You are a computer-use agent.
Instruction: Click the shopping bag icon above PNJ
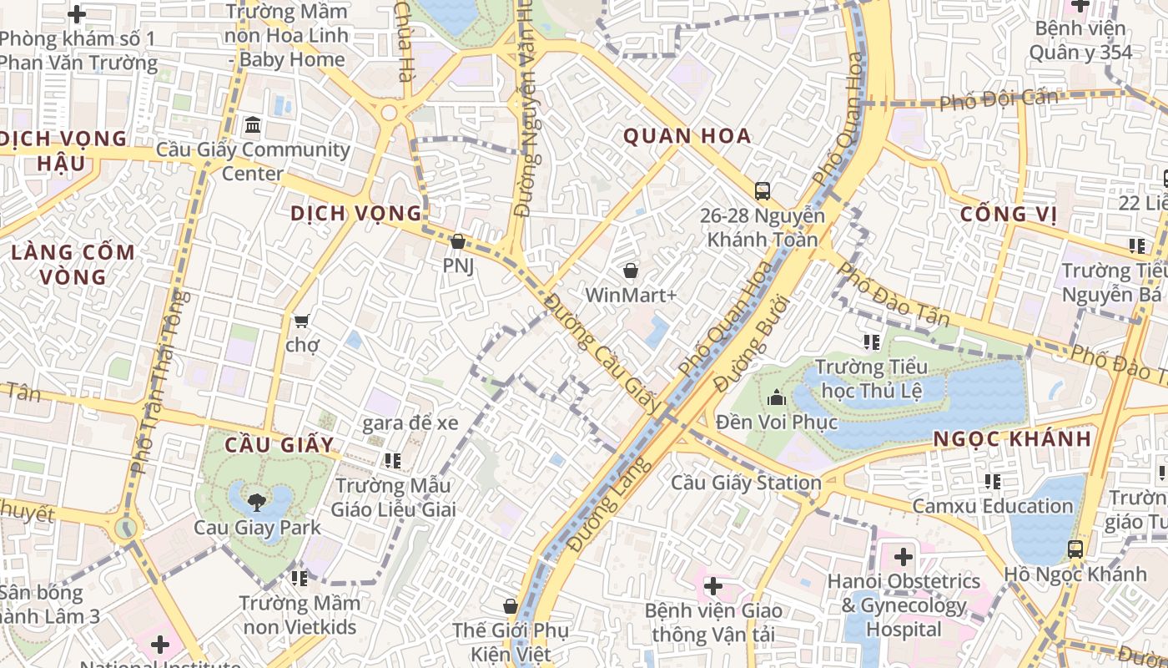click(457, 242)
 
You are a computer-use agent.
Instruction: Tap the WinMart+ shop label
click(630, 295)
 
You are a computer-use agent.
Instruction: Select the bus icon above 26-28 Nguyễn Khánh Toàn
click(763, 190)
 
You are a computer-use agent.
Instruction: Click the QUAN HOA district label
click(687, 136)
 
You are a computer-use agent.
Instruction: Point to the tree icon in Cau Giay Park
click(256, 502)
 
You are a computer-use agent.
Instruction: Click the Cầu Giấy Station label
click(746, 483)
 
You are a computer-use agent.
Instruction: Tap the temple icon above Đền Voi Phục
click(777, 397)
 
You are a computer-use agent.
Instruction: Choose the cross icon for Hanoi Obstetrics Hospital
click(903, 556)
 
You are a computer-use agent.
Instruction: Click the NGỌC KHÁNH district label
click(1012, 439)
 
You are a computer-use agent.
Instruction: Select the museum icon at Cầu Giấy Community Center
click(253, 126)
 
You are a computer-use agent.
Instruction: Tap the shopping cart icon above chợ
click(301, 321)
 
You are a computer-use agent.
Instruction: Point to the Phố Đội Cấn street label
click(998, 100)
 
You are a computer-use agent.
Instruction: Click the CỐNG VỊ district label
click(1008, 215)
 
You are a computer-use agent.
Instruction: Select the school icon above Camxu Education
click(992, 481)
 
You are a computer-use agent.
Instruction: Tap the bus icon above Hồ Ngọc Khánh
click(1075, 549)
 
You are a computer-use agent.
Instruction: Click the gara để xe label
click(410, 423)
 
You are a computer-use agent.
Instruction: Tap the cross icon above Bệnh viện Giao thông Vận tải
click(712, 586)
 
